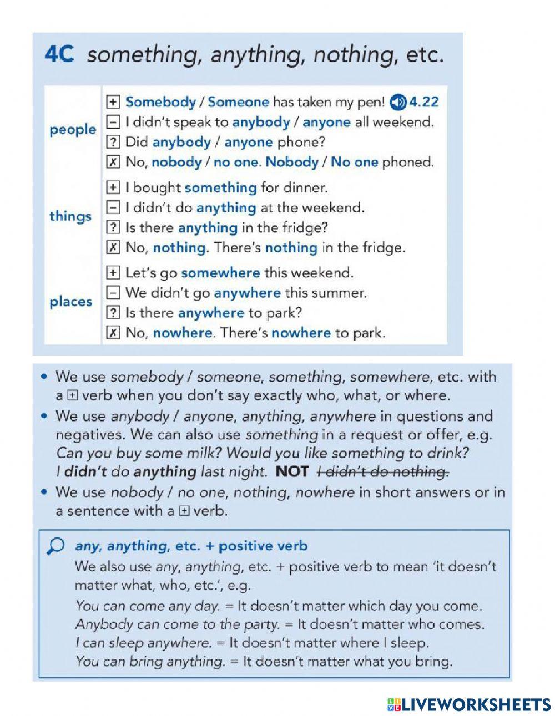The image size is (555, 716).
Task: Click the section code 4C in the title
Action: point(59,55)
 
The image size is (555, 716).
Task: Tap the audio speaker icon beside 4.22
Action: point(397,102)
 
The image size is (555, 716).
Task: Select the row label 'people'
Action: point(72,130)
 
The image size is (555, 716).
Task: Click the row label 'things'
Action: point(70,216)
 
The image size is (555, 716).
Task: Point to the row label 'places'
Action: point(70,302)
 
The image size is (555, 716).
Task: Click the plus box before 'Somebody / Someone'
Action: point(113,102)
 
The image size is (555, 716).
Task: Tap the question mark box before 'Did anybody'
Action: point(113,143)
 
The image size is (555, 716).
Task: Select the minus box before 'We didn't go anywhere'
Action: point(113,293)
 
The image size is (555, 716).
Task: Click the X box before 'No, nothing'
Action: point(113,248)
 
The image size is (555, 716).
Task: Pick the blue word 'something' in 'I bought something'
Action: point(220,188)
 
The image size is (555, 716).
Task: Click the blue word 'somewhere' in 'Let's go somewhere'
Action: point(220,273)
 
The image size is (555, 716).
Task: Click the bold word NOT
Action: point(292,472)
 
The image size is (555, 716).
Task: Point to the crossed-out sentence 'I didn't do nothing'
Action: point(382,472)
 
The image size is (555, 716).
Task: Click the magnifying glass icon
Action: point(57,546)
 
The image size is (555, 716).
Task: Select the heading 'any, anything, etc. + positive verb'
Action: point(191,546)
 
